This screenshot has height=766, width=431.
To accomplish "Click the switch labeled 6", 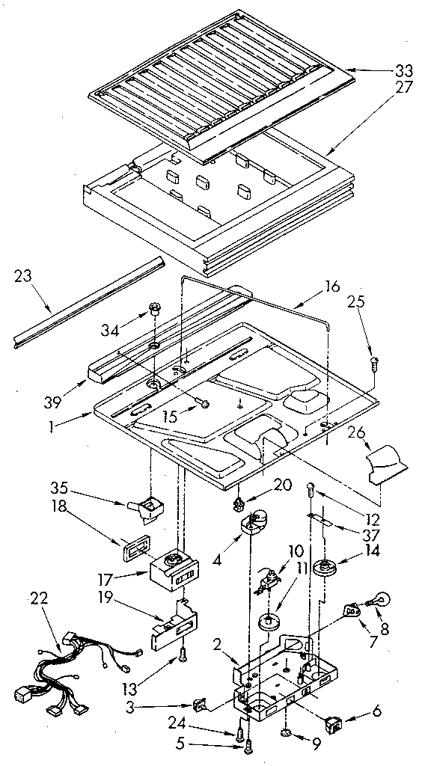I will (x=332, y=723).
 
